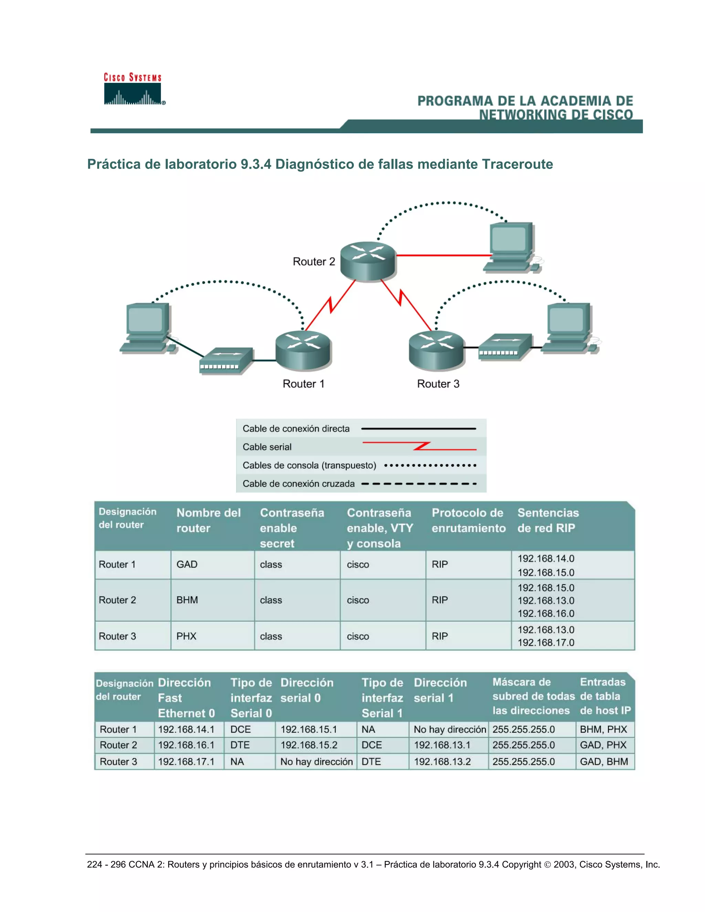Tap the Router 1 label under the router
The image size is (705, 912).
(304, 384)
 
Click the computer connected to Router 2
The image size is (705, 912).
(512, 247)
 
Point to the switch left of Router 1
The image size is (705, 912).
(226, 361)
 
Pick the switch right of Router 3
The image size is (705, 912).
(505, 347)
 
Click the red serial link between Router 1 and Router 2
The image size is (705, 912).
(330, 305)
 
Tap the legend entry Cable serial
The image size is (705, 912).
(267, 447)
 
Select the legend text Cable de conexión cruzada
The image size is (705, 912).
(298, 484)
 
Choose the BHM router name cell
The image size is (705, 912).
(187, 600)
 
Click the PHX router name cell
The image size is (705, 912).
(186, 636)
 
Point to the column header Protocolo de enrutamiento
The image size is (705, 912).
(468, 520)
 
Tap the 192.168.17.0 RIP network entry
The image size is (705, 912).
(546, 643)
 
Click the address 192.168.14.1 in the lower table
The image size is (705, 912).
(186, 730)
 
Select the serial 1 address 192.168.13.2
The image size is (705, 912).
(442, 762)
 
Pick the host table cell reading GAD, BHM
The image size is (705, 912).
(603, 762)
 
